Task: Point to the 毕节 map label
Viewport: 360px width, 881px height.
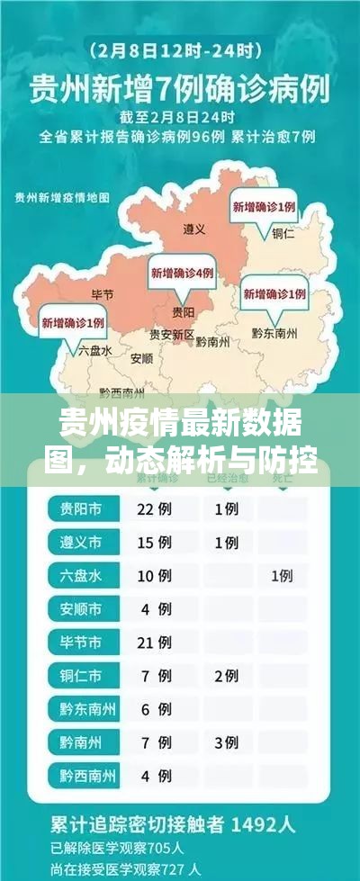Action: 103,294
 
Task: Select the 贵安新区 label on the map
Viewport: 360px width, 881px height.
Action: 171,334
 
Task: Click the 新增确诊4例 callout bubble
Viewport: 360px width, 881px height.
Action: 182,273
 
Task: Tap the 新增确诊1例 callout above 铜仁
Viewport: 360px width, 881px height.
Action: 265,207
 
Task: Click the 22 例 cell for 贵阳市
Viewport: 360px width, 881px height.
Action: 154,509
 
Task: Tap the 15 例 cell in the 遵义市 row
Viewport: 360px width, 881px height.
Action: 154,543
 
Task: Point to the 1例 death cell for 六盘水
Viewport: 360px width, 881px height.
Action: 282,575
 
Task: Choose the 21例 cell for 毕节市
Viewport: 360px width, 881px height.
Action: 154,642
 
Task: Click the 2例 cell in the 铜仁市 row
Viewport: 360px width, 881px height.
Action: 226,675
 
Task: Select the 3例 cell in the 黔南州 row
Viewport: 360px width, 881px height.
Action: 226,742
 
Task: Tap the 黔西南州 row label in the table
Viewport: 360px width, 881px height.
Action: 86,775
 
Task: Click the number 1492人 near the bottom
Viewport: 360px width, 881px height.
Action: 269,823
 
